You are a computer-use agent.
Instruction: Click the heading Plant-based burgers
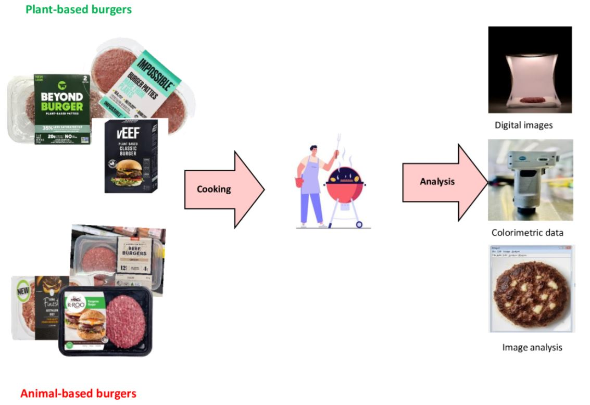[79, 9]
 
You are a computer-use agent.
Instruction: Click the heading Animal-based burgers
[78, 393]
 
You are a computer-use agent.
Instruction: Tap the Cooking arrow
[224, 189]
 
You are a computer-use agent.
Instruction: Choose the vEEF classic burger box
[130, 156]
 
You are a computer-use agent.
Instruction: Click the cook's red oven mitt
[299, 183]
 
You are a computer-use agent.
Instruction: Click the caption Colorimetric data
[527, 232]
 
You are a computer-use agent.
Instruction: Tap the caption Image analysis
[532, 347]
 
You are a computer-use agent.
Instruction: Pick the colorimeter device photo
[530, 180]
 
